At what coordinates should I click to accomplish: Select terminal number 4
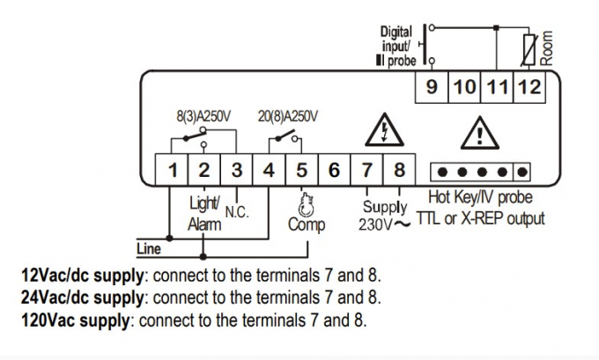pyautogui.click(x=270, y=170)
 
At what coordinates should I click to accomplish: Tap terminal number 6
pyautogui.click(x=334, y=170)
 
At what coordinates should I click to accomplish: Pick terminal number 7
pyautogui.click(x=367, y=170)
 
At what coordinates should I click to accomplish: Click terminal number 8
pyautogui.click(x=399, y=170)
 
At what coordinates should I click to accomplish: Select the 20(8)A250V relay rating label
pyautogui.click(x=287, y=114)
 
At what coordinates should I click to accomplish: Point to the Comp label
pyautogui.click(x=307, y=224)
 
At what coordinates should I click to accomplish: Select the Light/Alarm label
pyautogui.click(x=204, y=213)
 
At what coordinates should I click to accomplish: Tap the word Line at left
pyautogui.click(x=150, y=248)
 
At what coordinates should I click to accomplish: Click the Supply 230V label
pyautogui.click(x=386, y=216)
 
